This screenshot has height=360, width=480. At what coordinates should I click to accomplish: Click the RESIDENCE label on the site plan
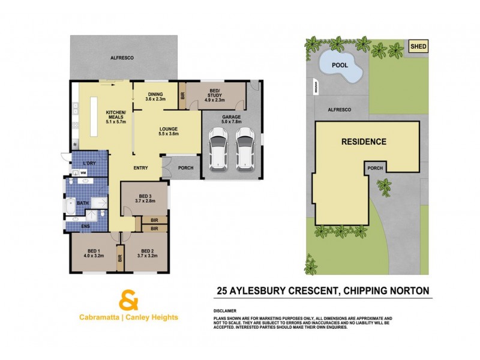click(364, 142)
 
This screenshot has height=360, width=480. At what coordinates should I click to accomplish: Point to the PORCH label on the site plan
click(375, 169)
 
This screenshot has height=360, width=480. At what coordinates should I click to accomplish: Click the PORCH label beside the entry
click(186, 168)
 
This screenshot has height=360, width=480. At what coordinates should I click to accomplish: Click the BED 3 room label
click(146, 196)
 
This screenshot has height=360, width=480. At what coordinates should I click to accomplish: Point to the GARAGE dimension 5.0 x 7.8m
click(232, 122)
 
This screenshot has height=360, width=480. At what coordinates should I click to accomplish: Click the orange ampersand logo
click(128, 298)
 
